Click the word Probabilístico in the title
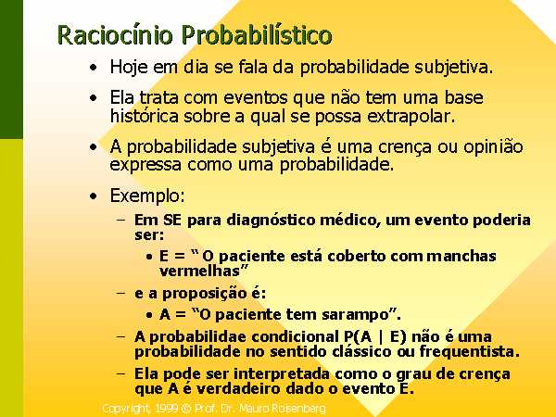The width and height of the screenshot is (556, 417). click(x=257, y=35)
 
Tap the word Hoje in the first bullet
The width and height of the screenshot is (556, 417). click(x=129, y=67)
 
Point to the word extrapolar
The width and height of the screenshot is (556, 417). click(x=411, y=117)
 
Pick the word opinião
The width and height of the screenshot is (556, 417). click(x=493, y=146)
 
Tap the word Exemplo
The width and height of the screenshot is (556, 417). click(x=147, y=196)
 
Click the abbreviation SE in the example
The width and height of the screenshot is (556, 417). click(x=171, y=221)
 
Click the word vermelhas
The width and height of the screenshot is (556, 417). click(x=200, y=271)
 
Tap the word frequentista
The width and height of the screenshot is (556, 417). click(x=470, y=352)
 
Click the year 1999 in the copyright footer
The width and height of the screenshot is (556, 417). click(x=166, y=409)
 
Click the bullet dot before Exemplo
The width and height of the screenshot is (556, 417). click(x=94, y=196)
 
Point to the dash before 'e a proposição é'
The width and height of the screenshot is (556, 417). click(x=120, y=293)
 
